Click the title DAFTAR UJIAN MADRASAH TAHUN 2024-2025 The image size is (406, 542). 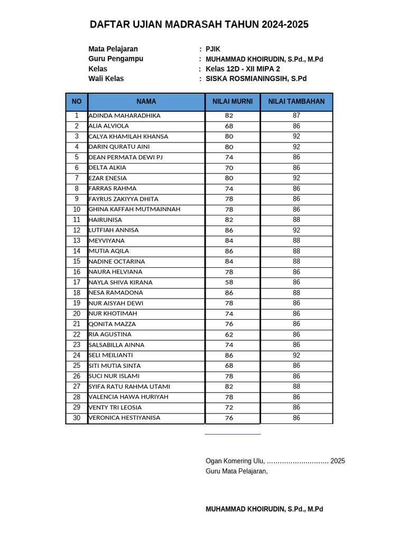click(x=199, y=24)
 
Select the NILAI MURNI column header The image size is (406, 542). click(x=233, y=102)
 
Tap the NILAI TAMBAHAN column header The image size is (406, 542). click(x=296, y=102)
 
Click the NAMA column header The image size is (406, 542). click(x=146, y=102)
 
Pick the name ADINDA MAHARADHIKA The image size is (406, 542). click(x=125, y=115)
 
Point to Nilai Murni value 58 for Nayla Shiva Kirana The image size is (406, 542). click(x=229, y=282)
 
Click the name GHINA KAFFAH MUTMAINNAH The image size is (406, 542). click(x=134, y=209)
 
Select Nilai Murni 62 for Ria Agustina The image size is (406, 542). click(x=229, y=335)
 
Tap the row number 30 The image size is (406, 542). click(x=77, y=418)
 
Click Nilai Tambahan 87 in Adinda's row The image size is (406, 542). click(x=297, y=115)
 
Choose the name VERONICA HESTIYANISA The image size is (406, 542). click(x=124, y=418)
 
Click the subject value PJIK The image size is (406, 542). click(x=213, y=49)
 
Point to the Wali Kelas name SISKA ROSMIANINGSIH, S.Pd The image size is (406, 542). click(x=256, y=79)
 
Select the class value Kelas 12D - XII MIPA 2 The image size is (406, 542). click(x=243, y=69)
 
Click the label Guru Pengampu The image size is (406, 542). click(x=116, y=59)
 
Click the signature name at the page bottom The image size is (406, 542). click(x=264, y=509)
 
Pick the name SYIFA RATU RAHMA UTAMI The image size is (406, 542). click(x=130, y=386)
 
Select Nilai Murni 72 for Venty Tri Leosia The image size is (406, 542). click(x=229, y=408)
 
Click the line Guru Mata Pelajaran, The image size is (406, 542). click(x=237, y=471)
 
